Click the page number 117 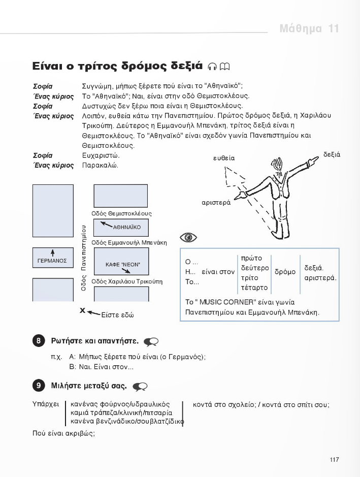pos(334,460)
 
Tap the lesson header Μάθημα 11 pos(309,28)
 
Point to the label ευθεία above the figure pos(224,158)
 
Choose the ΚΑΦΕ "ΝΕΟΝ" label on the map pos(122,265)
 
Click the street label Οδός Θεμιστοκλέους pos(121,213)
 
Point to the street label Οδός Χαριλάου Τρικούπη pos(127,281)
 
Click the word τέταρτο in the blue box pos(251,288)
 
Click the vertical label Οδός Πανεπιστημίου pos(84,257)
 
